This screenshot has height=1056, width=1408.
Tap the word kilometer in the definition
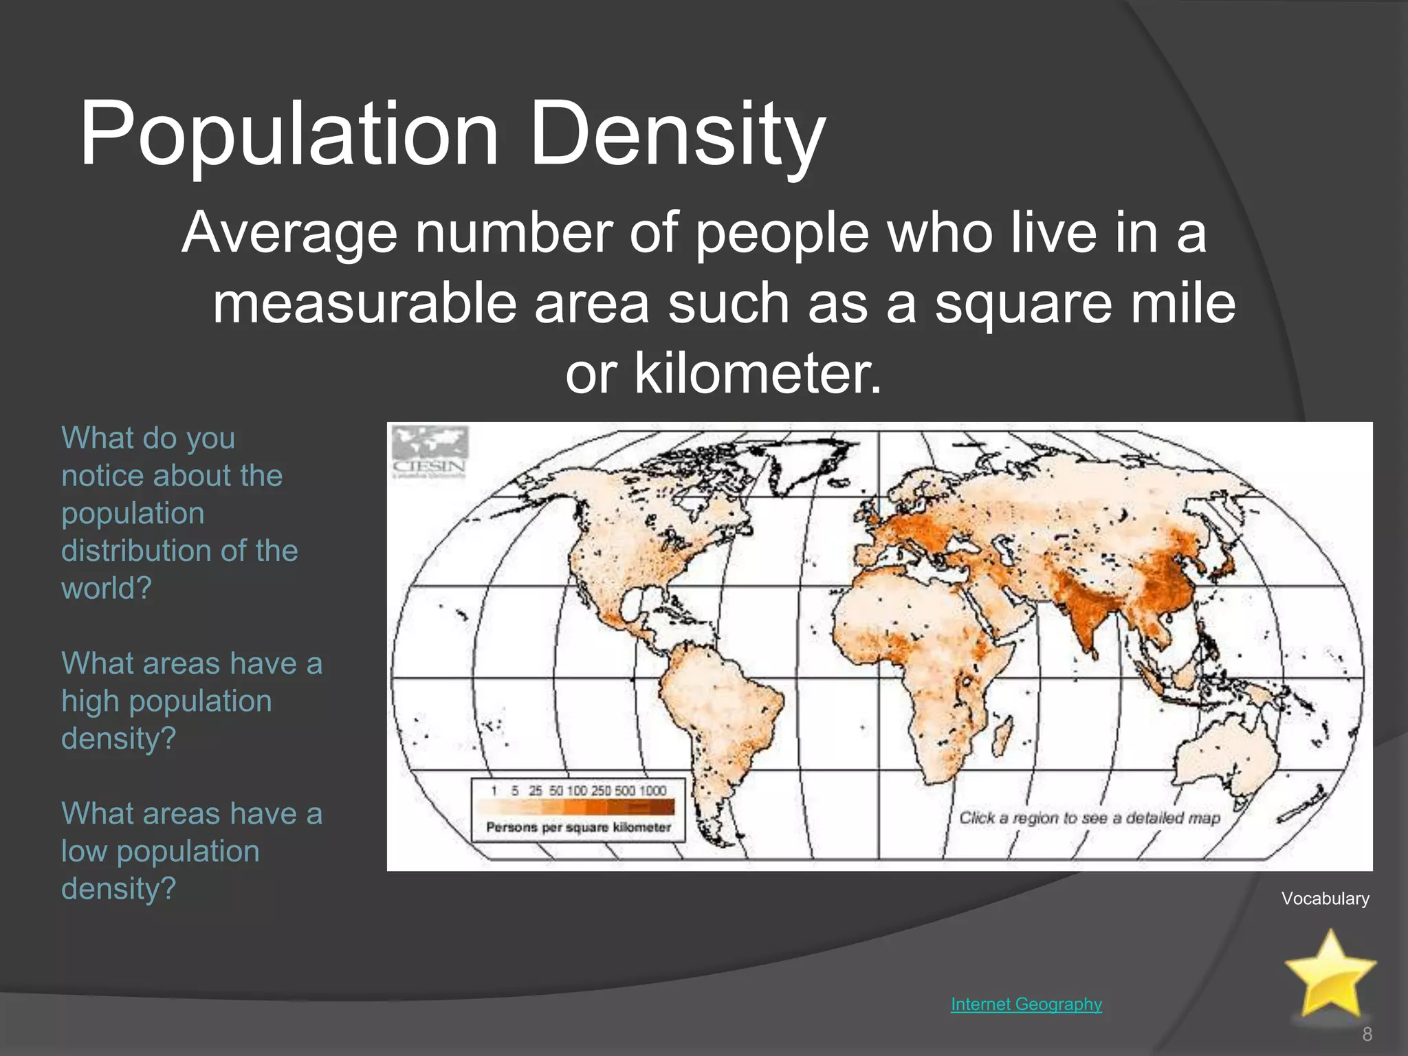pyautogui.click(x=756, y=373)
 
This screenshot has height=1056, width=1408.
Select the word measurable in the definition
pyautogui.click(x=364, y=303)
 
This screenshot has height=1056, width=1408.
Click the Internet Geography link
pyautogui.click(x=1026, y=1004)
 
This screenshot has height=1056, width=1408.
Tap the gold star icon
pyautogui.click(x=1330, y=973)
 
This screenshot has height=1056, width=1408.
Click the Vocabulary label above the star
pyautogui.click(x=1325, y=899)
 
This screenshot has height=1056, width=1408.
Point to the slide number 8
pyautogui.click(x=1367, y=1034)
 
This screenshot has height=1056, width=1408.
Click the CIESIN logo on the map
pyautogui.click(x=430, y=452)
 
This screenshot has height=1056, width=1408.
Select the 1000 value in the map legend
pyautogui.click(x=652, y=791)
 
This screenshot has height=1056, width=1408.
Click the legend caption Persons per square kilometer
pyautogui.click(x=578, y=827)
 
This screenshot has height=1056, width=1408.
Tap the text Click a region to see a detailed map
pyautogui.click(x=1090, y=818)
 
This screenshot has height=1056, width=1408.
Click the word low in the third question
pyautogui.click(x=83, y=851)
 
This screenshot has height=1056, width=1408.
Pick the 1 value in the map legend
pyautogui.click(x=494, y=791)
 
